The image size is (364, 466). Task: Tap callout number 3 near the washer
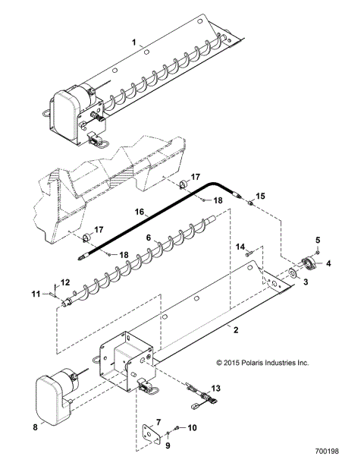coord(306,282)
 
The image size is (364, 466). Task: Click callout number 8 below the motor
coord(35,427)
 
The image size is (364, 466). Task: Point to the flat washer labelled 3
coord(293,274)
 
